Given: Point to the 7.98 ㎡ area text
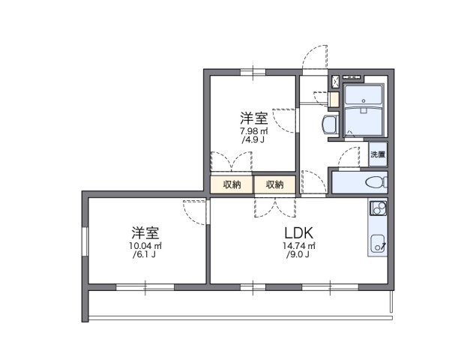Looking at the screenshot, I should pos(254,131).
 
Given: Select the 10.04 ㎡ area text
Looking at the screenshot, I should pos(146,246).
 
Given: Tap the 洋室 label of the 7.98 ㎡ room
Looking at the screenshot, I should pos(254,118).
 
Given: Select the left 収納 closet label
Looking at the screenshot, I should pos(232,184).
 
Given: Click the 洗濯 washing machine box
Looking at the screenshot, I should pos(377,154).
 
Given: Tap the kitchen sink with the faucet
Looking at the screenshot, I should pos(377,241).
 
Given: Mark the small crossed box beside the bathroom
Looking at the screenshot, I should pos(334,80).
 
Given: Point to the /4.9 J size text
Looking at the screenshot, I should pos(254,140).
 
